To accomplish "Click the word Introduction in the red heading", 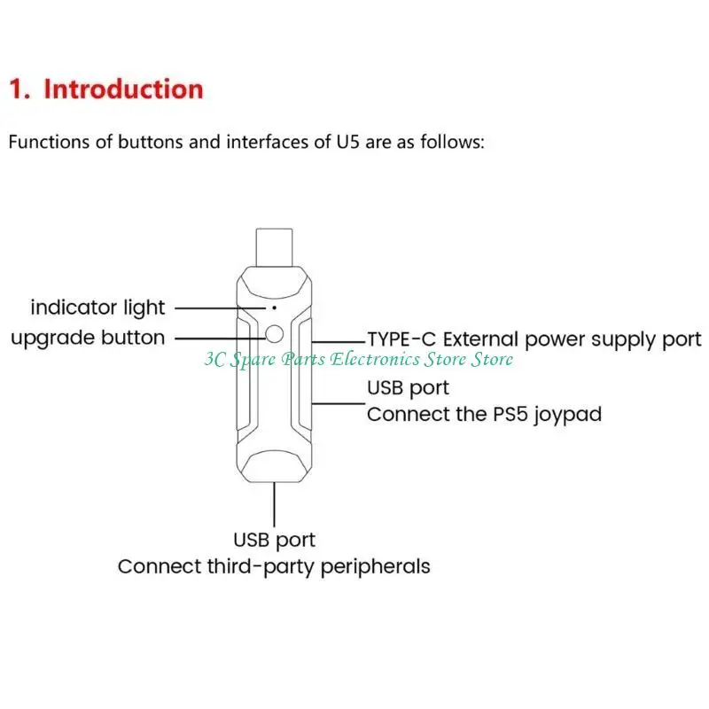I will tap(123, 90).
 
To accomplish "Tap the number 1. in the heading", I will tap(19, 90).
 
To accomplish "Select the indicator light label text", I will tap(97, 308).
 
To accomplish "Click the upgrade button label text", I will tap(88, 338).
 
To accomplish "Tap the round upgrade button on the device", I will tap(274, 334).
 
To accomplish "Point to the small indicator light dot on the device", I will tap(274, 306).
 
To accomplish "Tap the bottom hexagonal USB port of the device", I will tap(274, 464).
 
